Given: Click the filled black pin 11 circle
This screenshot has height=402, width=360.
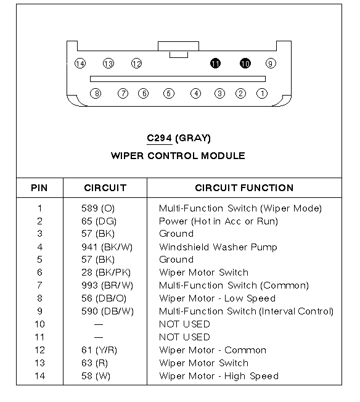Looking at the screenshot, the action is click(x=215, y=64).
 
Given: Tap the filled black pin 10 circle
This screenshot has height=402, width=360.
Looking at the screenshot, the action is click(x=245, y=64).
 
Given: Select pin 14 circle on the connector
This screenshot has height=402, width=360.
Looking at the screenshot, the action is click(x=80, y=64).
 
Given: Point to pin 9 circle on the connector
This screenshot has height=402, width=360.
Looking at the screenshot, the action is click(x=271, y=64).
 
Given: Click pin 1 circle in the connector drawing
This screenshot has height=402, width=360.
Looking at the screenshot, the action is click(x=262, y=93).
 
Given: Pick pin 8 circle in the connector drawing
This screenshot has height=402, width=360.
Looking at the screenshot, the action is click(x=96, y=93).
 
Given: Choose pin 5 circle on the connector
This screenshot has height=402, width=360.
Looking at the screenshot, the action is click(x=169, y=93).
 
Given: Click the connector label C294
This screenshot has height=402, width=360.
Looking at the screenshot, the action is click(x=159, y=138).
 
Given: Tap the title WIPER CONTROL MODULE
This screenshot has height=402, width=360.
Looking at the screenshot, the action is click(x=178, y=156).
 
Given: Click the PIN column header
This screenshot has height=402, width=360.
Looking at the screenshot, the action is click(x=39, y=188).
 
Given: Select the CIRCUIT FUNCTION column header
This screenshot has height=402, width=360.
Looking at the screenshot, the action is click(x=244, y=188).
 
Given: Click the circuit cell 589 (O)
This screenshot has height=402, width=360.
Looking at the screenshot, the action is click(x=98, y=208).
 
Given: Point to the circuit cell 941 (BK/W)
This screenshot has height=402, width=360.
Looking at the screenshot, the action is click(x=107, y=247).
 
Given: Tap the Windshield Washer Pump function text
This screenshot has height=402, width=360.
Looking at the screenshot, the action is click(x=218, y=247).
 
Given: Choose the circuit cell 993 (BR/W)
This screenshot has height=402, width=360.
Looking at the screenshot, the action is click(x=107, y=285).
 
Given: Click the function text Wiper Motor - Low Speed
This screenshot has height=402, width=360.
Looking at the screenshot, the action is click(x=217, y=298).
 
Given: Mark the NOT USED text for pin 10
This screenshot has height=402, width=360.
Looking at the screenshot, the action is click(x=184, y=324).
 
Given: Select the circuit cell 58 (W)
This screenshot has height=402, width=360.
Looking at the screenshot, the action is click(x=96, y=376).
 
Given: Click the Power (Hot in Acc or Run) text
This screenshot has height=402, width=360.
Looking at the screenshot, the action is click(x=218, y=221).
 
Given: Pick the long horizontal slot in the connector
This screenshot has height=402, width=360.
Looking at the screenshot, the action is click(x=178, y=79).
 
